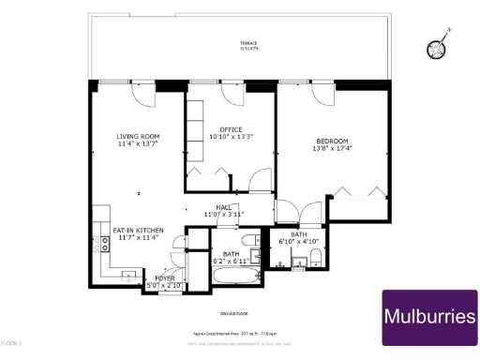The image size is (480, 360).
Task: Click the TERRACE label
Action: coord(247,43)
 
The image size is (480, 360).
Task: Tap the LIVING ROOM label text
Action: coord(138,136)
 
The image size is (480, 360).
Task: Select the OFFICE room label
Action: coord(231,130)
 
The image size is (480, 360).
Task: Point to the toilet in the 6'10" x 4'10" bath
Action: coord(318,258)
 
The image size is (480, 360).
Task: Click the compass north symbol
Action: coord(437,48)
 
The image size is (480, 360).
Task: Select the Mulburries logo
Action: coord(429,318)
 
